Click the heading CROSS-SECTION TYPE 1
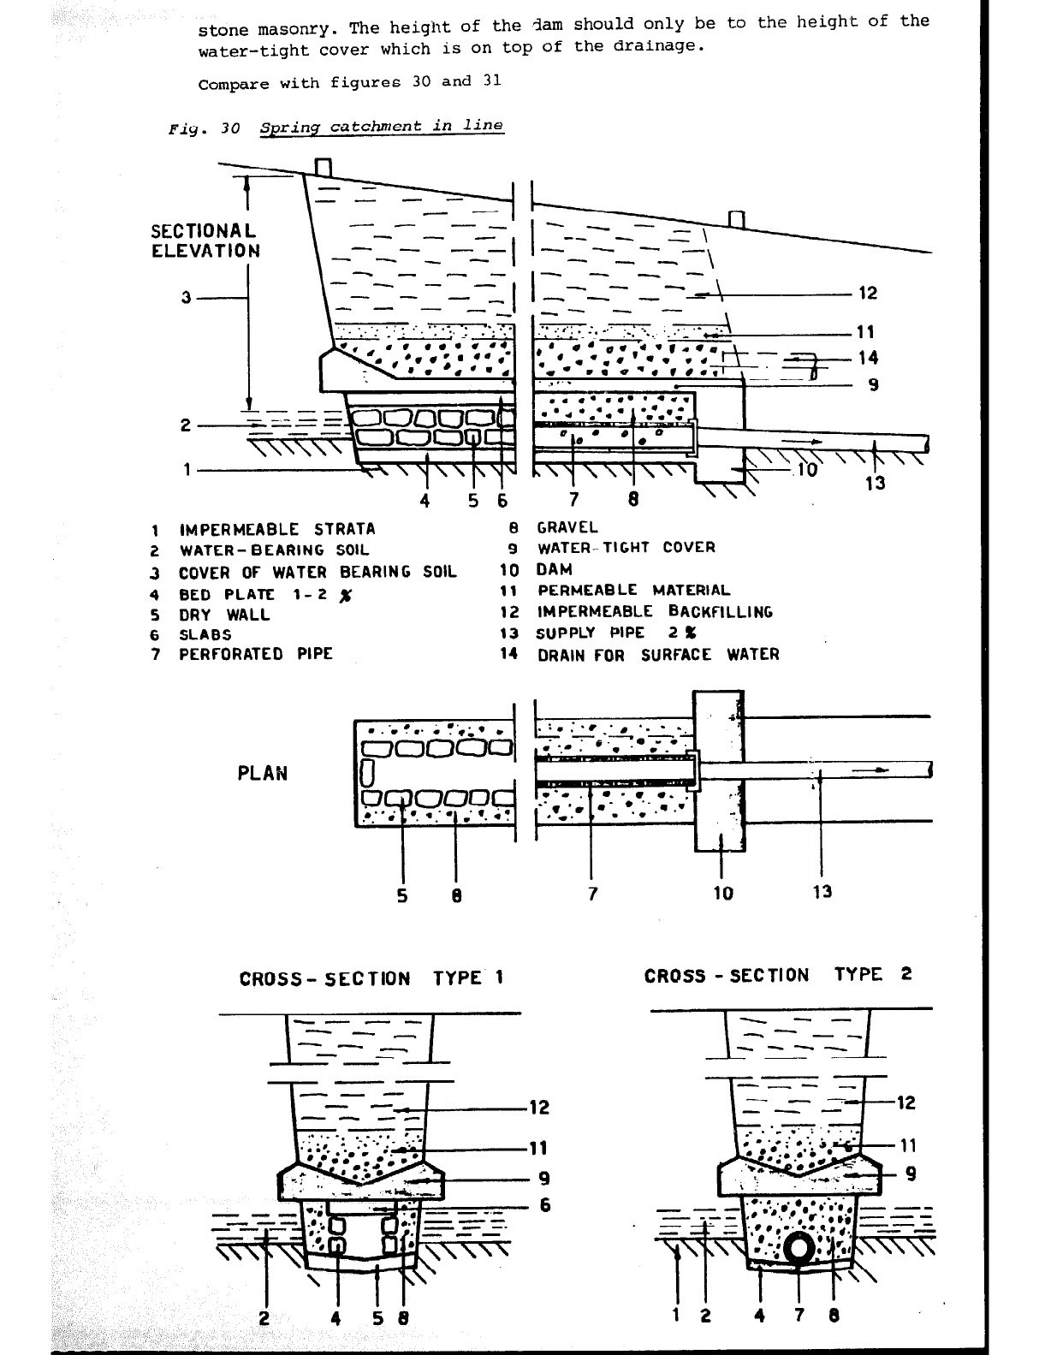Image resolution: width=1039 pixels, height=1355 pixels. point(371,978)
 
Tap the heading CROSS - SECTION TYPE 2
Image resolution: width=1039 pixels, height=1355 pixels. point(777,975)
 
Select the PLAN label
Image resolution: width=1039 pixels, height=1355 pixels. point(262,773)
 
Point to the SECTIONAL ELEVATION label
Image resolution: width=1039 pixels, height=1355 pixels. point(205,241)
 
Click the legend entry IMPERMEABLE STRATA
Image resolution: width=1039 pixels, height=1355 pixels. point(276,529)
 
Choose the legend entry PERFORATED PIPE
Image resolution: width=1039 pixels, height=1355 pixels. point(255,654)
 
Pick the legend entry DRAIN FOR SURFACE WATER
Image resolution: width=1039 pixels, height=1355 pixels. point(657,655)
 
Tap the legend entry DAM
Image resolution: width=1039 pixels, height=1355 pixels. point(554,569)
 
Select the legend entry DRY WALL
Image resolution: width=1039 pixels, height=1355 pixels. point(223,614)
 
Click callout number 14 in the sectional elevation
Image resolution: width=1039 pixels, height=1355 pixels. point(867,358)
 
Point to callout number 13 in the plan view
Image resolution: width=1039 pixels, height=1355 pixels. point(822,892)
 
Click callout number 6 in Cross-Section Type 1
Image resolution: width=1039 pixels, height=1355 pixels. point(544,1205)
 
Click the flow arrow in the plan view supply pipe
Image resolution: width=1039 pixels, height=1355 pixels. point(874,770)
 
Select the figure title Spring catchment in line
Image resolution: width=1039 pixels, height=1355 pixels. point(381,127)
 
